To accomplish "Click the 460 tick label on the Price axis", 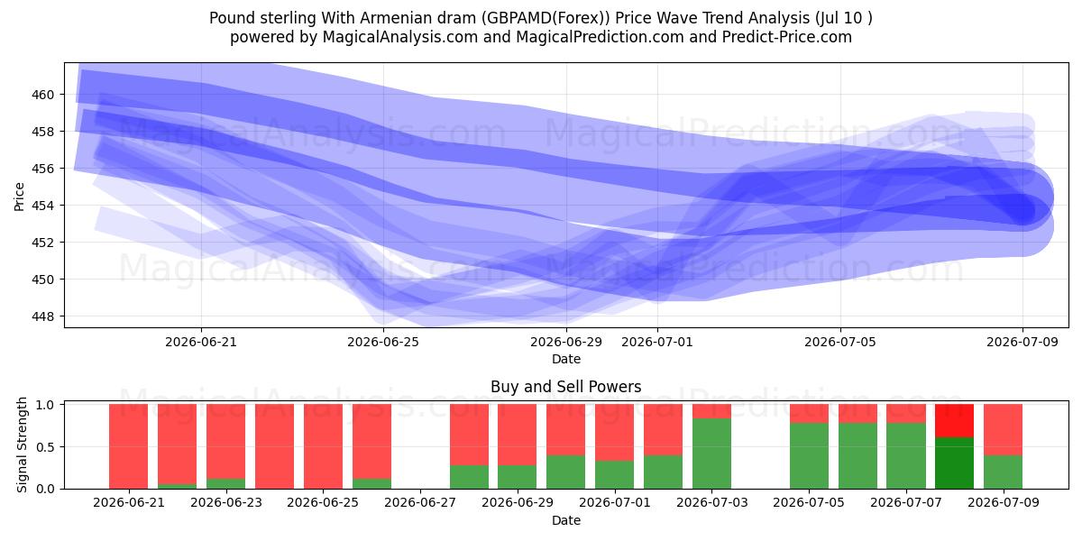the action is (x=42, y=95).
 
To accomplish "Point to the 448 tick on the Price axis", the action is (x=42, y=316).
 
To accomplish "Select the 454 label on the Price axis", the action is (x=42, y=206).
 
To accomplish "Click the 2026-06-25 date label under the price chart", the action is (x=383, y=342).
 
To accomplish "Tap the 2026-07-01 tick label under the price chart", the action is (x=657, y=342).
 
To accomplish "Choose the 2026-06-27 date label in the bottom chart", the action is (x=420, y=502).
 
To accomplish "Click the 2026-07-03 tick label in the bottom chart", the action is (x=712, y=502).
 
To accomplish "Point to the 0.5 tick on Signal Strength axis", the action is (x=45, y=447).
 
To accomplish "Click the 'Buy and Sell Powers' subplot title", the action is (x=565, y=387).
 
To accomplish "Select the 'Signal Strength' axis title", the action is (x=22, y=445).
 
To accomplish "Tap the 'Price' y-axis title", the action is (x=19, y=197).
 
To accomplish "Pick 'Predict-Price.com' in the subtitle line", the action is (x=787, y=37).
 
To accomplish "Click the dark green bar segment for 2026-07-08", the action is (x=954, y=463).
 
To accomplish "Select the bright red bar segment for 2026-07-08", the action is (x=954, y=421).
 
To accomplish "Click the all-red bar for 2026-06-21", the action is (x=128, y=446).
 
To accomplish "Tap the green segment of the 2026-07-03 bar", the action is (x=711, y=454).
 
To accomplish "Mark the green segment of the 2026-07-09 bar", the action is (x=1003, y=472).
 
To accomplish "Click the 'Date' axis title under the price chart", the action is (x=566, y=359).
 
